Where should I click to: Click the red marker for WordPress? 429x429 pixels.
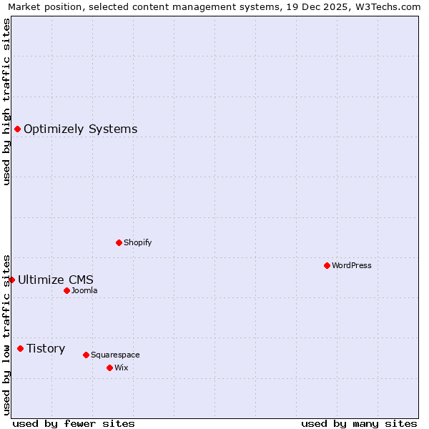[327, 265]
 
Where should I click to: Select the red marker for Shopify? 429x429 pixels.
[119, 242]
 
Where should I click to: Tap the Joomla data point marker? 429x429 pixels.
[66, 290]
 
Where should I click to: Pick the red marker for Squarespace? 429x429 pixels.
[86, 355]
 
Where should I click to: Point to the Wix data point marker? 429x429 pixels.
[109, 368]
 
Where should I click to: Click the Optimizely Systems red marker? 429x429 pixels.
[17, 129]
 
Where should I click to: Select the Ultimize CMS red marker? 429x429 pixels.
[11, 280]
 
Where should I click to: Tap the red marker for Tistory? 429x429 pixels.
[20, 348]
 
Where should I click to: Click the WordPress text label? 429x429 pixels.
[352, 265]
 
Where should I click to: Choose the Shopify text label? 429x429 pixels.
[138, 242]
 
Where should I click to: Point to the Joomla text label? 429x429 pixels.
[84, 290]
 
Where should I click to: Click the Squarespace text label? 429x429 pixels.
[115, 355]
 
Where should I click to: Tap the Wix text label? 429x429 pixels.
[121, 368]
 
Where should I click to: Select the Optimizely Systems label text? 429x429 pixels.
[81, 129]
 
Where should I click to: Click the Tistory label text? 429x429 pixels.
[46, 348]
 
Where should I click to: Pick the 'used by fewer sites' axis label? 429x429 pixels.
[74, 423]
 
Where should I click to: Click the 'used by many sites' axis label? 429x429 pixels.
[359, 423]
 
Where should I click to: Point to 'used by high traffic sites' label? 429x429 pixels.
[6, 102]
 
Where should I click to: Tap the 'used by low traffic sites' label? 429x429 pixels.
[6, 335]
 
